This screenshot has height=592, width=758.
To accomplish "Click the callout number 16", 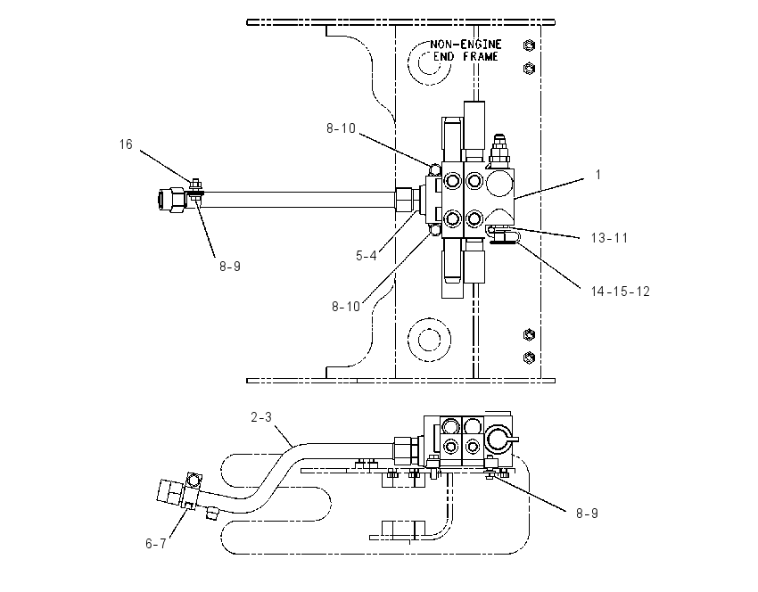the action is (x=126, y=144).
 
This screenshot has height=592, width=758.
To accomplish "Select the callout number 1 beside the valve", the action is (x=598, y=175).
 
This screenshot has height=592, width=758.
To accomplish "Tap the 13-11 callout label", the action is (x=609, y=238).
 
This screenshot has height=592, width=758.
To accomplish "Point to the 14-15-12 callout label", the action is (x=621, y=292).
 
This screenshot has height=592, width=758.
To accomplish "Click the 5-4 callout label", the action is (x=366, y=256).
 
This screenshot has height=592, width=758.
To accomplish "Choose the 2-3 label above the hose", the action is (x=261, y=416).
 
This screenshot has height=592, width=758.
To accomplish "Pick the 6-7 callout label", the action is (x=156, y=544).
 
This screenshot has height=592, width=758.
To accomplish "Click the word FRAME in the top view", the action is (x=480, y=56).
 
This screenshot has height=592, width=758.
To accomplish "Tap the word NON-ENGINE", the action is (x=466, y=45).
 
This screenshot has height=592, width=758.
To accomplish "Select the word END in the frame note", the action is (x=443, y=56).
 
